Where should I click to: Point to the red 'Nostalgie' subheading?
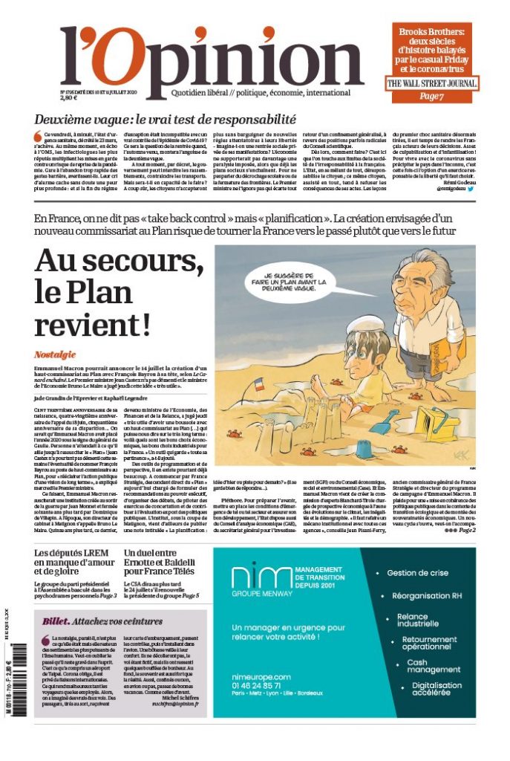tap(55, 355)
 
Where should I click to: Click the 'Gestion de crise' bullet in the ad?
tap(418, 573)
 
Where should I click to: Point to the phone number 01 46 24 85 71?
tap(261, 686)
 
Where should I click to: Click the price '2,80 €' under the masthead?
tap(69, 98)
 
